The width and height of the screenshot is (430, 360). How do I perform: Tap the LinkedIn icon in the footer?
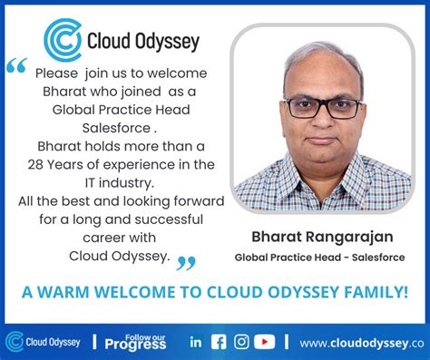pos(196,342)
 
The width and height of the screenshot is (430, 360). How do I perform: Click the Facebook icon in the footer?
pos(219,342)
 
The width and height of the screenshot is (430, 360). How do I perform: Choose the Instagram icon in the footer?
pos(241,342)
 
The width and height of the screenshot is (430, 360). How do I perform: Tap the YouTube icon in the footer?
pos(264,342)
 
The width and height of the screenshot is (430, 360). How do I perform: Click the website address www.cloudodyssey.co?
pos(362,343)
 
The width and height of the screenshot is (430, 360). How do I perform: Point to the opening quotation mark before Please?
pos(15,66)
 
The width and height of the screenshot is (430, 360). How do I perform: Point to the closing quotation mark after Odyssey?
pos(186,263)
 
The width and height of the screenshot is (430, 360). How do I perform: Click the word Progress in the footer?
pos(135,345)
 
